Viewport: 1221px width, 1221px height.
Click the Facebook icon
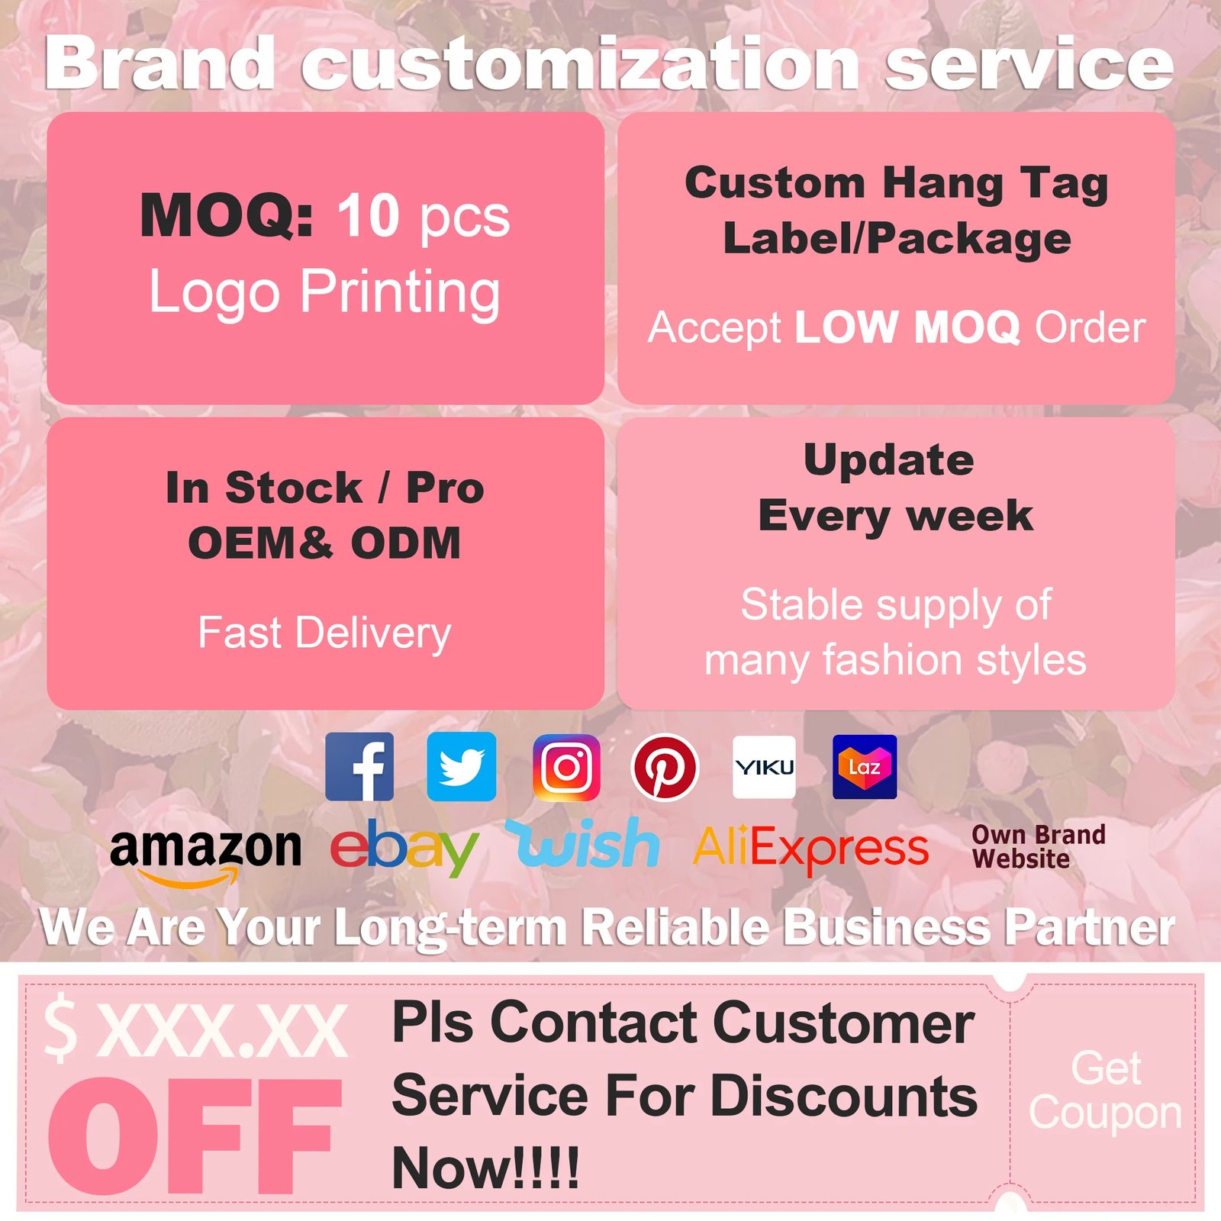(359, 766)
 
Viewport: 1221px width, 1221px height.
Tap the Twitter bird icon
(461, 766)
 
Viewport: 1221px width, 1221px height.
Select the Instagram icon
(566, 767)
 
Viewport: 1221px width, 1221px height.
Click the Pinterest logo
(665, 767)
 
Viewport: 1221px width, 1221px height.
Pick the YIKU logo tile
(764, 767)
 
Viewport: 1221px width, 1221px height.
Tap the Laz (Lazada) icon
(865, 767)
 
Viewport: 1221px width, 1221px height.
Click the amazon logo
(205, 855)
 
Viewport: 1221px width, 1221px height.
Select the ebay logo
(404, 847)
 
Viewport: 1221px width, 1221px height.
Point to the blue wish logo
(583, 842)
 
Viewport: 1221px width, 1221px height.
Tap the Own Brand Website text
(1039, 846)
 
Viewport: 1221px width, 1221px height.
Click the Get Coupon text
(1105, 1090)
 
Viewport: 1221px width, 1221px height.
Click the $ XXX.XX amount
(195, 1030)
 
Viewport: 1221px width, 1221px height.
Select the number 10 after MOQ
(369, 215)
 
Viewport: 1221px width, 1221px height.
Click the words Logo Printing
(324, 292)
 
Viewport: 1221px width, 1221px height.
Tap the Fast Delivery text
(324, 633)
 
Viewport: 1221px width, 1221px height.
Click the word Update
(889, 460)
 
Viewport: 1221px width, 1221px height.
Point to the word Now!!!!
(485, 1168)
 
